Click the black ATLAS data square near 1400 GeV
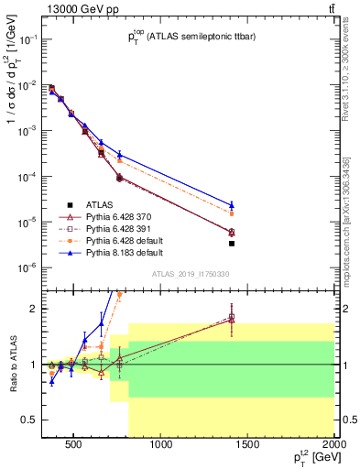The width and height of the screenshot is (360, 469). click(x=232, y=244)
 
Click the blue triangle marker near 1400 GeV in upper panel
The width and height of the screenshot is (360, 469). click(x=232, y=205)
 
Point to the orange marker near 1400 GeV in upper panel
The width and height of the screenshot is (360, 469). click(x=232, y=213)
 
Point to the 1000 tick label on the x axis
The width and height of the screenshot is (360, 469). click(x=161, y=446)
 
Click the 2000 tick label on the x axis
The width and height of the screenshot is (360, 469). click(x=333, y=446)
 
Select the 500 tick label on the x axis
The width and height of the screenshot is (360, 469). click(x=75, y=446)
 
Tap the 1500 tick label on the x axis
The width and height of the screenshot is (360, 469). click(x=248, y=446)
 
